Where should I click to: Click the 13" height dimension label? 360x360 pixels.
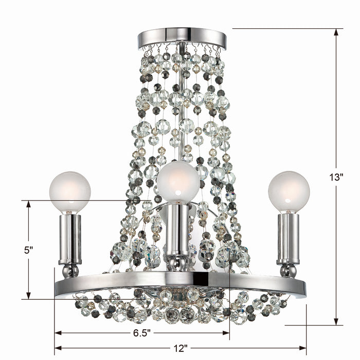(x=337, y=177)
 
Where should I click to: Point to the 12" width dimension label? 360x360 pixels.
(x=181, y=348)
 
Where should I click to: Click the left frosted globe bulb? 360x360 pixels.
(x=70, y=192)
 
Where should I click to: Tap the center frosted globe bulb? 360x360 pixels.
(x=178, y=182)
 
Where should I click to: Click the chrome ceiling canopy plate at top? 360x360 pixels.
(x=182, y=39)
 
